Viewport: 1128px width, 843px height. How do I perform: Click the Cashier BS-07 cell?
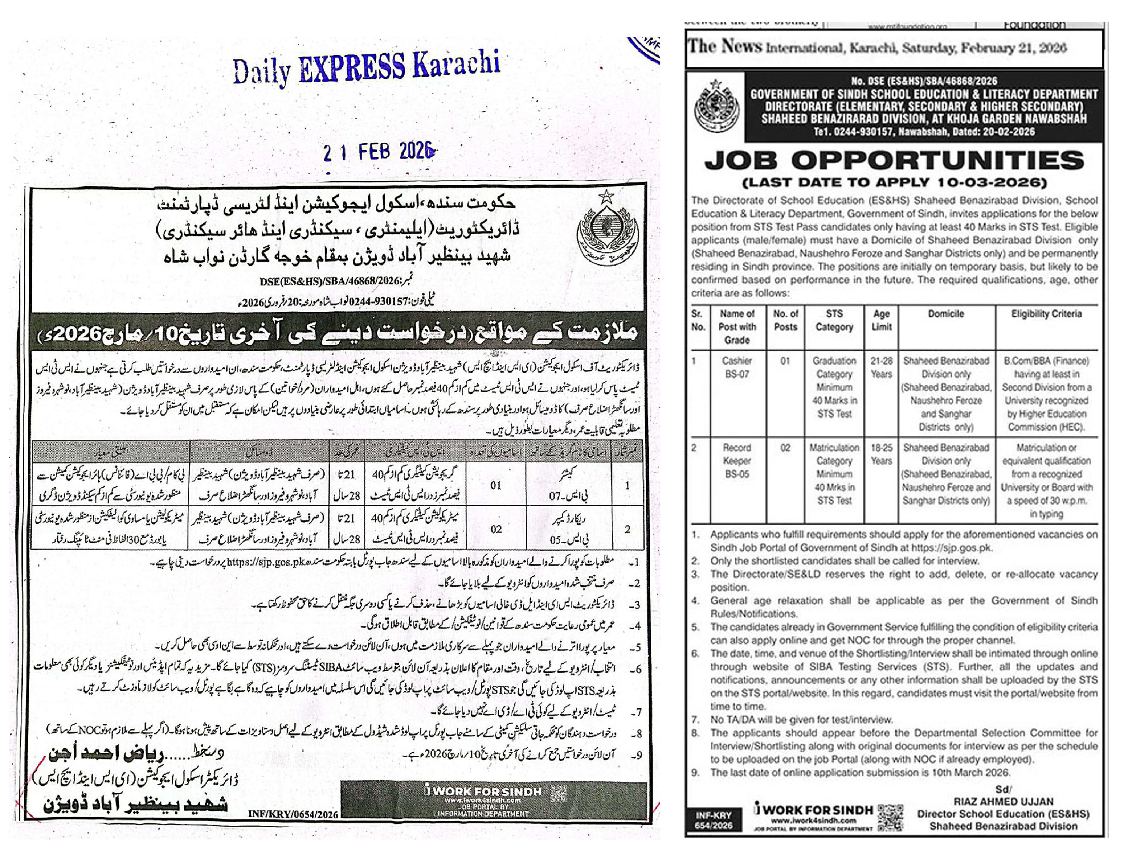click(736, 367)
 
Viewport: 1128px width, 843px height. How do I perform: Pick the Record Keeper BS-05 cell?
click(736, 460)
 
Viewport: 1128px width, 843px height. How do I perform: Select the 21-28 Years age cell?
click(881, 367)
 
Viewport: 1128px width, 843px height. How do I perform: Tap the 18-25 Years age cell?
click(881, 454)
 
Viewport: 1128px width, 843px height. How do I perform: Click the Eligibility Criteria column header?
click(1046, 314)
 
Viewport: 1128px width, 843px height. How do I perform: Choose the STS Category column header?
click(834, 320)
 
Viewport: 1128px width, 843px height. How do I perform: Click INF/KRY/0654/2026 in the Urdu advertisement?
click(293, 814)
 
